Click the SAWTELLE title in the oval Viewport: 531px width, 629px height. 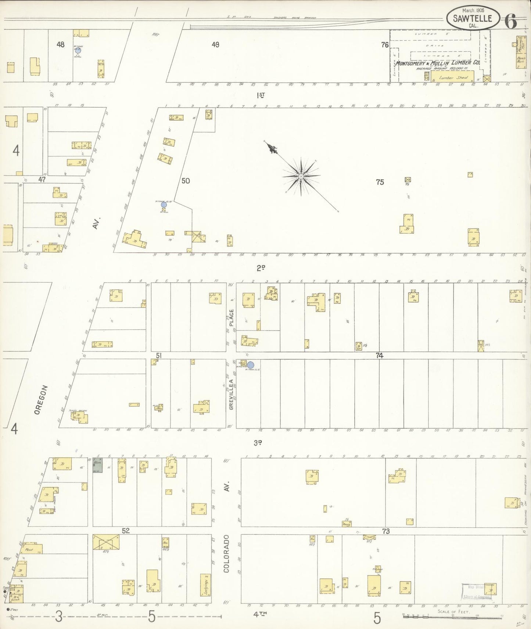point(473,18)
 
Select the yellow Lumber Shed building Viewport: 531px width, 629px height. point(452,77)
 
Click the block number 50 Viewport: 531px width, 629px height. point(186,181)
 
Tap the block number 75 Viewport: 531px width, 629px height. point(380,182)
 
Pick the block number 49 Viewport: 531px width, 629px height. point(215,45)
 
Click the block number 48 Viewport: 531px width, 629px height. point(60,45)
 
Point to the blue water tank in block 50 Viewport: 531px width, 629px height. point(164,205)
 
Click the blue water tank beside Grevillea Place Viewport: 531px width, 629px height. point(251,365)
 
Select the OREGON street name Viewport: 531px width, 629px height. point(41,400)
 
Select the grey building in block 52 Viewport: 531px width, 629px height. point(97,465)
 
